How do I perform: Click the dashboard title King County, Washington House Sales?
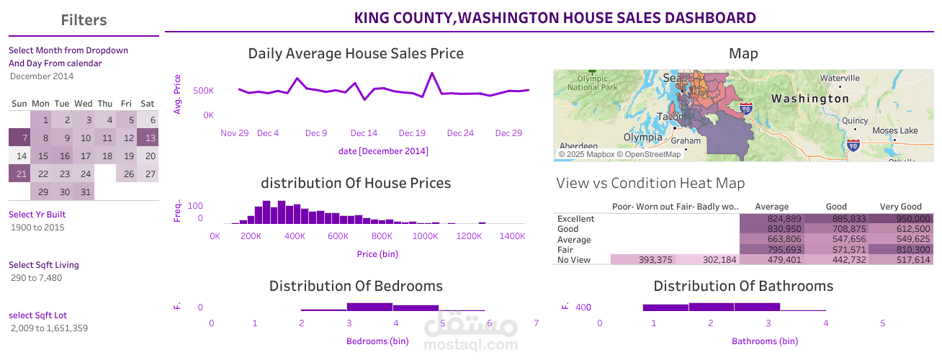coord(555,18)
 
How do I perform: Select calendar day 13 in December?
coord(148,138)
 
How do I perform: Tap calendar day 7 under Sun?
coord(19,138)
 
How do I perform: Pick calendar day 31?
coord(84,192)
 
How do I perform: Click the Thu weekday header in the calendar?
coord(105,104)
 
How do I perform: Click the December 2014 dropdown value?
coord(42,76)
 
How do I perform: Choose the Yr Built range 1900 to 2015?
coord(37,228)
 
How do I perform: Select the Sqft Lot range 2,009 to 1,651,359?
coord(50,328)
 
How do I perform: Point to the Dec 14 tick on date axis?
coord(364,133)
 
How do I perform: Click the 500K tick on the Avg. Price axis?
coord(203,91)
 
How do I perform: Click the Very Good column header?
coord(900,207)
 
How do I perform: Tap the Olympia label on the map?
coord(643,137)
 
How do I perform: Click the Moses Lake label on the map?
coord(894,130)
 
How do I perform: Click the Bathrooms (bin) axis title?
coord(764,341)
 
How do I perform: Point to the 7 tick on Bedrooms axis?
coord(536,323)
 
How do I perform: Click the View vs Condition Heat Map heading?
coord(650,183)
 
